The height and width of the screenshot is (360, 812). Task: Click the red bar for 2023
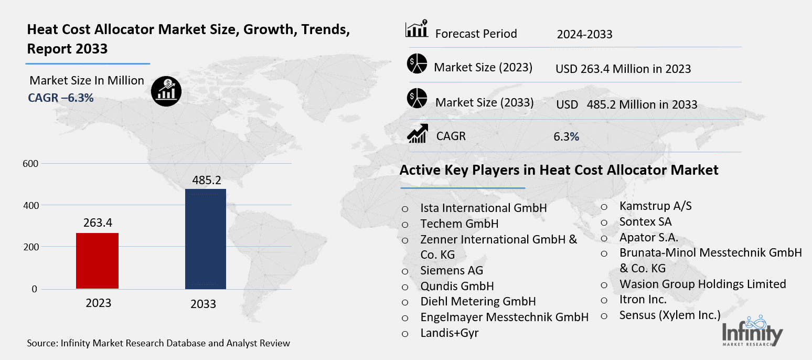click(x=97, y=261)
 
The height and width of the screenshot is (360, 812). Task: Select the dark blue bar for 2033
click(x=206, y=239)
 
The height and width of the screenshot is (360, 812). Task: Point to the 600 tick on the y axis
click(x=31, y=164)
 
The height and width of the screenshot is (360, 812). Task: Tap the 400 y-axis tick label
click(x=31, y=206)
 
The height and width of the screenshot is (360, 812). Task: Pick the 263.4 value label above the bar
click(x=98, y=223)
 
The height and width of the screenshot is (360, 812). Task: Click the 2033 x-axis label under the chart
click(x=204, y=304)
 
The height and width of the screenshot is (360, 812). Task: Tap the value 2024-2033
click(x=584, y=35)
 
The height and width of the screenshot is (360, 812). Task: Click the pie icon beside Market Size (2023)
click(x=417, y=65)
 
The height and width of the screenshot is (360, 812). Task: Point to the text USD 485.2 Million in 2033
click(x=627, y=104)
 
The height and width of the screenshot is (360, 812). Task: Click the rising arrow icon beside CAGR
click(x=418, y=134)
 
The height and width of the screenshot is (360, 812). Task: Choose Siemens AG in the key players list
click(x=452, y=271)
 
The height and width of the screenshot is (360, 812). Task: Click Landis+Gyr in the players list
click(x=450, y=333)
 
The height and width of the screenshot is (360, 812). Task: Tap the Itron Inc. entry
click(x=643, y=300)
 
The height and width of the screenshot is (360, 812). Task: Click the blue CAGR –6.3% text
click(x=60, y=97)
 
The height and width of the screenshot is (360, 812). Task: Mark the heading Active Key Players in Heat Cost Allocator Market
click(x=559, y=171)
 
